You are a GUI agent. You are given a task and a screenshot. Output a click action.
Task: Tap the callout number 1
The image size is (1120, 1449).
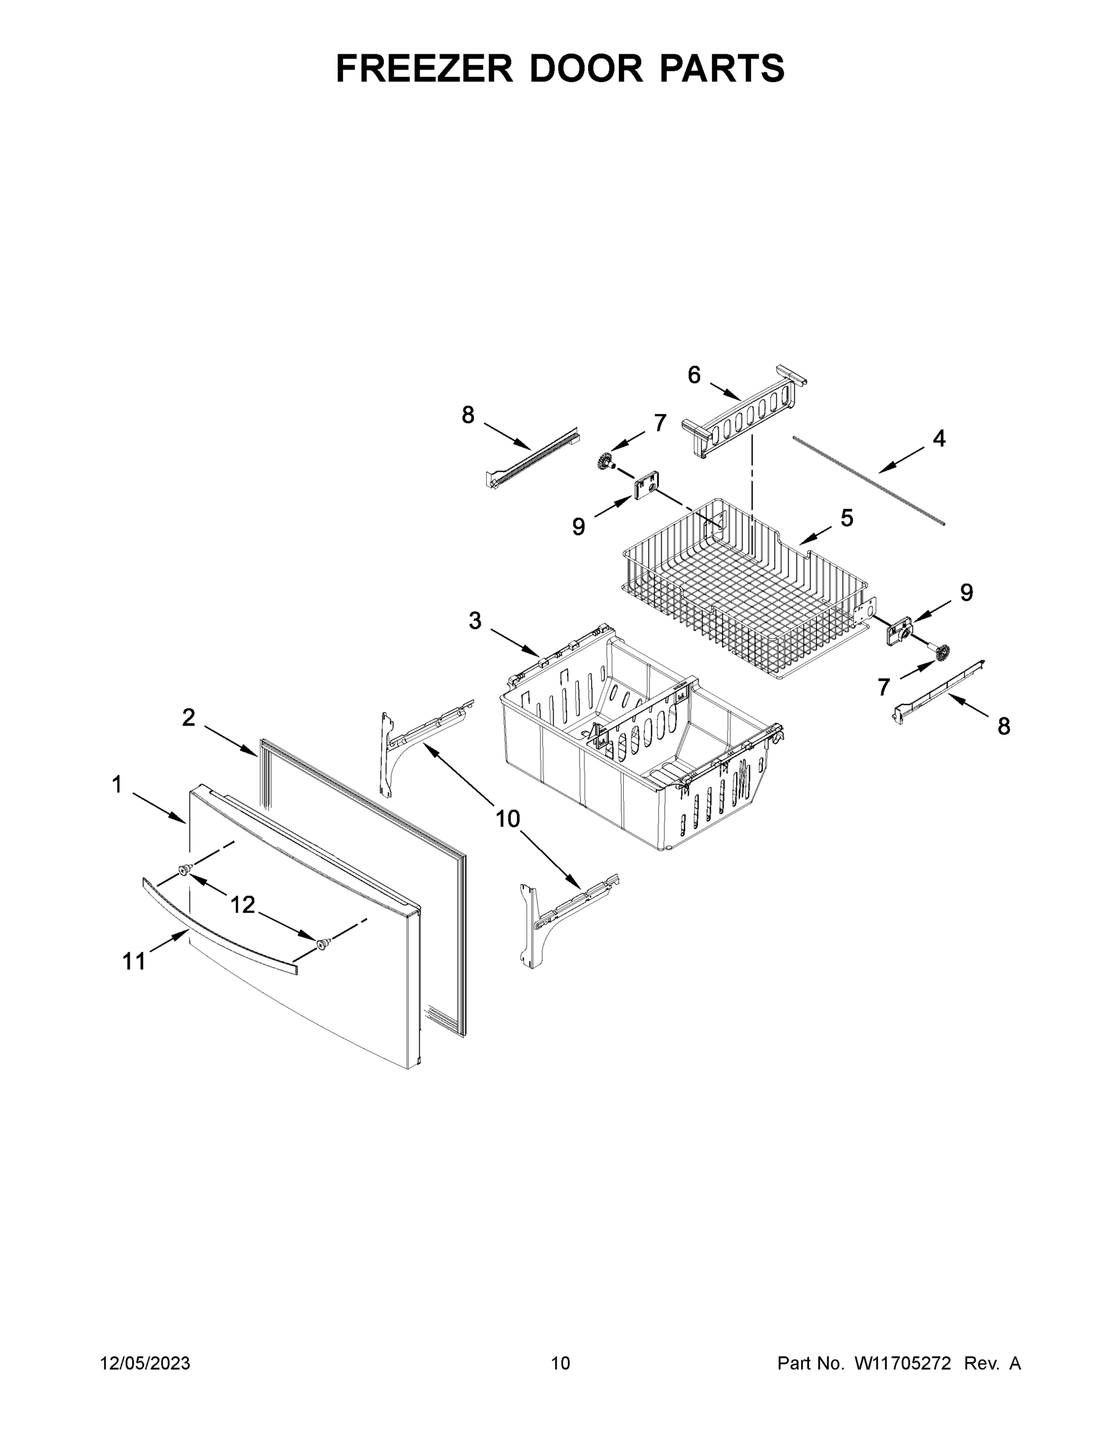pyautogui.click(x=117, y=785)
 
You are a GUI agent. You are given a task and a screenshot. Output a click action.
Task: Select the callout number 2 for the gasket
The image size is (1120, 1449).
pyautogui.click(x=188, y=717)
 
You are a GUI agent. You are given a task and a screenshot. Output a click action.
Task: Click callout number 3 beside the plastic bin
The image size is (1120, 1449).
pyautogui.click(x=475, y=621)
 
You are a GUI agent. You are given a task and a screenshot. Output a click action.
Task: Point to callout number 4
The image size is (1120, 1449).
pyautogui.click(x=939, y=438)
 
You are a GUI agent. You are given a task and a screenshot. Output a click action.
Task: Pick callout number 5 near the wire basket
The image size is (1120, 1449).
pyautogui.click(x=846, y=518)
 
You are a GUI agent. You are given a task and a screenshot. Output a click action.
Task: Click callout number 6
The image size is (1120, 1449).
pyautogui.click(x=693, y=376)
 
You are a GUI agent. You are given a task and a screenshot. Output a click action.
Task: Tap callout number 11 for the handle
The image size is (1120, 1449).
pyautogui.click(x=134, y=961)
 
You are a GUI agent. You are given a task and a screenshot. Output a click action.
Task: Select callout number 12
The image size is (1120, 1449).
pyautogui.click(x=242, y=904)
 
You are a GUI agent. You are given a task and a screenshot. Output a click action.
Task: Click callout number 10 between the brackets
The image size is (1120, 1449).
pyautogui.click(x=508, y=819)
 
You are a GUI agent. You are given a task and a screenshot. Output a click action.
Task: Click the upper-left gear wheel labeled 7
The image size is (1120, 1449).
pyautogui.click(x=604, y=460)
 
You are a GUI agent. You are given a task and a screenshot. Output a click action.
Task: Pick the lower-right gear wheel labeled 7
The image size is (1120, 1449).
pyautogui.click(x=940, y=652)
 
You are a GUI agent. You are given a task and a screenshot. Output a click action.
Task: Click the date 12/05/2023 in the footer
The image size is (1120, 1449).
pyautogui.click(x=145, y=1363)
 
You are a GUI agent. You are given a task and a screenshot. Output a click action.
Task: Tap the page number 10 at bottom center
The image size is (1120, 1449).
pyautogui.click(x=560, y=1363)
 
